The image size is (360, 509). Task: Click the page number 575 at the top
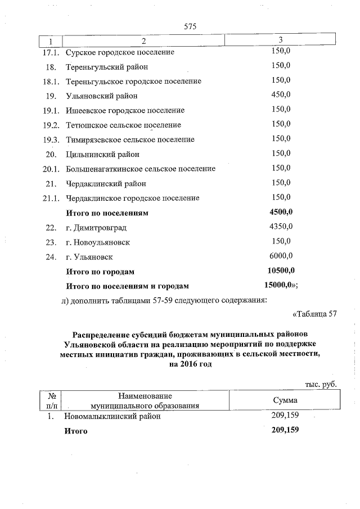[x=188, y=26]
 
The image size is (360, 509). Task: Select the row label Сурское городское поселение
[x=120, y=52]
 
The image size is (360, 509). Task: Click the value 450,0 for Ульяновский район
[x=281, y=95]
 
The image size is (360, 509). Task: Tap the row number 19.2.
[x=50, y=125]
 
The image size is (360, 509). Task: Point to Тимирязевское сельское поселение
[x=130, y=139]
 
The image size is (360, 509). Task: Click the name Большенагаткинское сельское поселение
[x=141, y=169]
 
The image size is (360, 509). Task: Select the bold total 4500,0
[x=282, y=212]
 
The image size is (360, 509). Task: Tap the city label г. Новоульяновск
[x=98, y=242]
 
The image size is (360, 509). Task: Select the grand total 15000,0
[x=280, y=286]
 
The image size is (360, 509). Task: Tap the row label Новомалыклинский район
[x=112, y=417]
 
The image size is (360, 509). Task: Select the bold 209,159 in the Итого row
[x=284, y=430]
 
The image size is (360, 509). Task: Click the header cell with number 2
[x=143, y=41]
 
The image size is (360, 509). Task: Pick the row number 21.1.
[x=51, y=198]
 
